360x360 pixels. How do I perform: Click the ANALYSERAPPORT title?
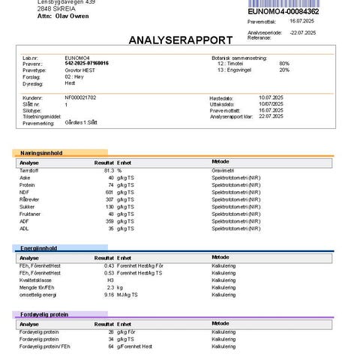tap(179, 40)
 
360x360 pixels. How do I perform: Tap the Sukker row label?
tap(28, 206)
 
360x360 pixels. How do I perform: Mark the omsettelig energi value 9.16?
tap(107, 294)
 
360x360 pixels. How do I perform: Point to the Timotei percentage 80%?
tap(284, 63)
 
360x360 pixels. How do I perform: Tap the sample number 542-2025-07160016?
tap(87, 63)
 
